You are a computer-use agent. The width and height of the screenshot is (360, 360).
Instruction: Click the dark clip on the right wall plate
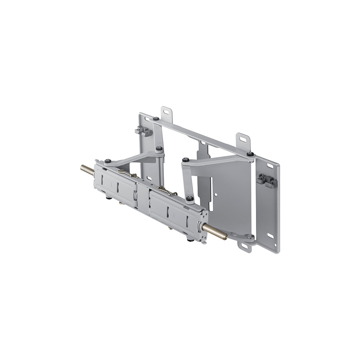(x=266, y=180)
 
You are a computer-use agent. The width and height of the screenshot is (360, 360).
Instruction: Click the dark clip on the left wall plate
(x=143, y=131)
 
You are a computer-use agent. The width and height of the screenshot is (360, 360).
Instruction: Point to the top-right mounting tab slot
(x=243, y=139)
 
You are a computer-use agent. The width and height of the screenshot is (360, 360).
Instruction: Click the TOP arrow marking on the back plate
(x=203, y=152)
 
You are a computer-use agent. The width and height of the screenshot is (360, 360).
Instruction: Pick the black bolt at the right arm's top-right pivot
(x=250, y=154)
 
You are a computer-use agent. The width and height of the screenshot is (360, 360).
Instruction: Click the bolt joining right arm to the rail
(x=190, y=199)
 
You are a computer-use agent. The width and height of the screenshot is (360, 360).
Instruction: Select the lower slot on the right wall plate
(x=270, y=236)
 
